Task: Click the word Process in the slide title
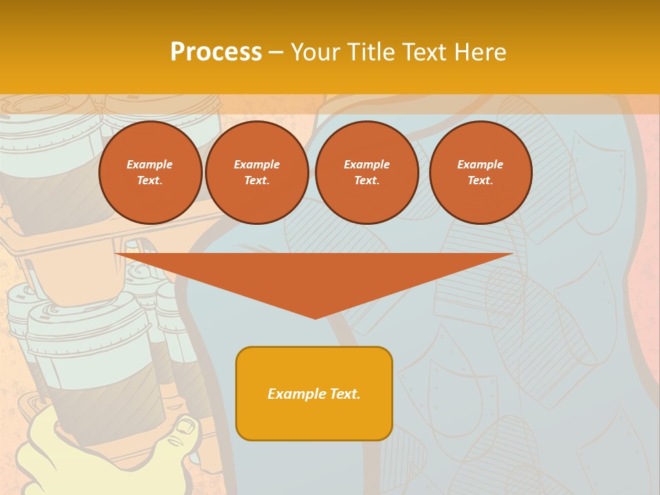[216, 52]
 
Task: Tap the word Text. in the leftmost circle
[150, 181]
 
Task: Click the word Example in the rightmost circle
[480, 164]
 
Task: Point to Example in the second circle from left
[256, 164]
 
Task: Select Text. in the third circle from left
[366, 181]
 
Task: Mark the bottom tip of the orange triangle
[315, 317]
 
